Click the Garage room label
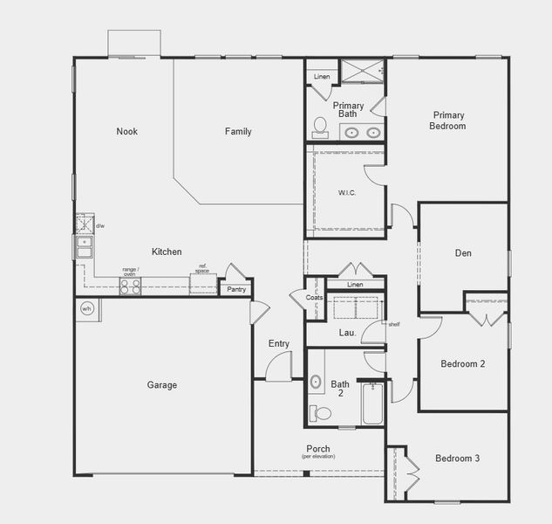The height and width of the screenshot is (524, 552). click(x=161, y=385)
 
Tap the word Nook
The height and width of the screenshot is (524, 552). click(x=127, y=132)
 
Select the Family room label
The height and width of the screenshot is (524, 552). click(x=238, y=132)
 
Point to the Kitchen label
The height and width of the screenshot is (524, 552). click(x=167, y=252)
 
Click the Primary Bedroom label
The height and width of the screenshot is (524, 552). click(x=447, y=121)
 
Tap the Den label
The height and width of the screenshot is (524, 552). click(x=463, y=253)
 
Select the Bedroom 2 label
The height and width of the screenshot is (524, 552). click(x=462, y=364)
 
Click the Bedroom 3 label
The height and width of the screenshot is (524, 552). click(x=458, y=458)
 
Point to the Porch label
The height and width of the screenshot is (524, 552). click(x=318, y=449)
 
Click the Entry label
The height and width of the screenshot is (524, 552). click(x=279, y=344)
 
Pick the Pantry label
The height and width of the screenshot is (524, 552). click(x=236, y=290)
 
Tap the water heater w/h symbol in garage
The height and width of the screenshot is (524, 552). click(x=87, y=309)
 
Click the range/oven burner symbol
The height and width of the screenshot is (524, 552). click(x=130, y=286)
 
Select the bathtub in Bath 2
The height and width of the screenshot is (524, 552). click(x=372, y=404)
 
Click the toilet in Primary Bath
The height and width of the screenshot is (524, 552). click(x=320, y=128)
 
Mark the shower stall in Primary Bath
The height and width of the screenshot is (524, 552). click(x=362, y=70)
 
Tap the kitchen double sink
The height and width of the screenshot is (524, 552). click(x=84, y=247)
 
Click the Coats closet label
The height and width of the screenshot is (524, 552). click(x=315, y=298)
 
